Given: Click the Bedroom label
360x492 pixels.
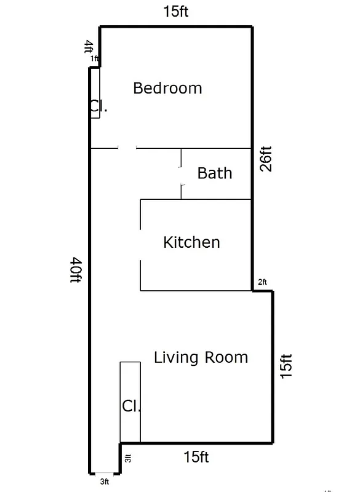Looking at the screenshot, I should coord(167,88).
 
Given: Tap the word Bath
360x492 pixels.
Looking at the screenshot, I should coord(215,173).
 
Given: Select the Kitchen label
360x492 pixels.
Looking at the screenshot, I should coord(191,242).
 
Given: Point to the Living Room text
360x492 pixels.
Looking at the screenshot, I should coord(201,357).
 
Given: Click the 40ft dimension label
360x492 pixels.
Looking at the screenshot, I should coord(76,271).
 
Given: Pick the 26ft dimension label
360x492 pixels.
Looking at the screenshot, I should coord(266,158).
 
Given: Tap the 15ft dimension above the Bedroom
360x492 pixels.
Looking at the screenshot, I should coord(175,12).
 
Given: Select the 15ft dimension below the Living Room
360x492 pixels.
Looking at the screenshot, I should coord(196,457).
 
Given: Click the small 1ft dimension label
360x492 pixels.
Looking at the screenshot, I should coord(94,58).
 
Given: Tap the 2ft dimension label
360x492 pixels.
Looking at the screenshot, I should coord(262,282).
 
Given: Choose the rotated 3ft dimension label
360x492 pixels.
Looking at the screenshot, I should coord(128,458).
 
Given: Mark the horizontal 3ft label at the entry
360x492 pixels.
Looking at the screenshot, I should coord(105,481).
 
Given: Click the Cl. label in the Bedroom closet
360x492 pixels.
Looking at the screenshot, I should coord(98,107).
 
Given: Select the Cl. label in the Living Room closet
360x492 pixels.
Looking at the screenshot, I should coord(131,406).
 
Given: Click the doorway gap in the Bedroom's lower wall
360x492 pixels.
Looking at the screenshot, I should coord(127,148).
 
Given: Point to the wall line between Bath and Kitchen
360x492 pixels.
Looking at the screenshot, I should coord(215,199).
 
